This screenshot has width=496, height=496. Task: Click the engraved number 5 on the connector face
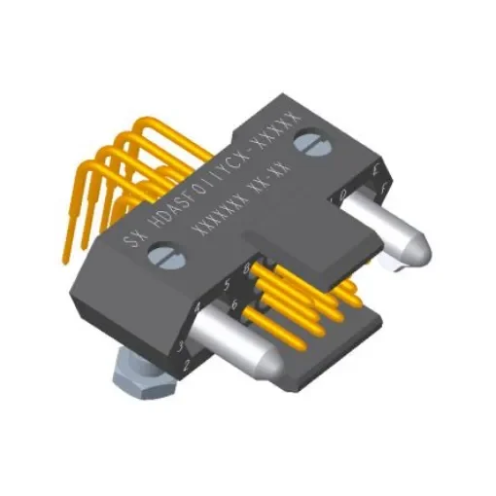pos(226,286)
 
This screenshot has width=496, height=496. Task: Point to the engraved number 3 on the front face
pos(181,346)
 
